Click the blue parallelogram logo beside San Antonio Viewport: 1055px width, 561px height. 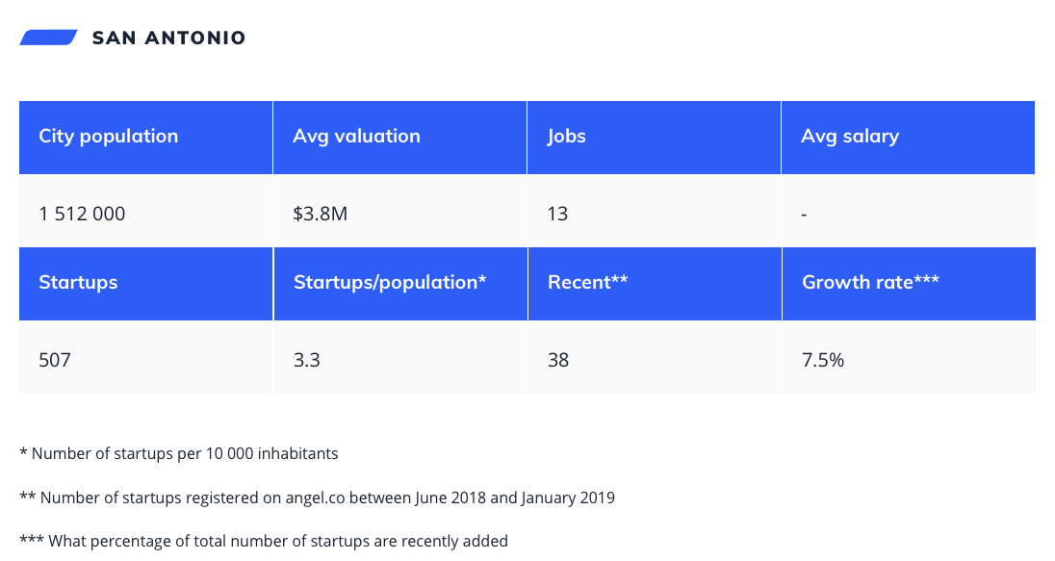[x=48, y=38]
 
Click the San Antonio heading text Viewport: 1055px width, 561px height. [x=168, y=38]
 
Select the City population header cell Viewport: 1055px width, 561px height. [x=108, y=137]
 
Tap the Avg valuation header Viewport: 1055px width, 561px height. [x=356, y=137]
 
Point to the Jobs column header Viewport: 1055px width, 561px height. [x=566, y=137]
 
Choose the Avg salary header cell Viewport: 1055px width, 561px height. [x=850, y=137]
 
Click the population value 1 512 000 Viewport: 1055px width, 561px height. [x=82, y=214]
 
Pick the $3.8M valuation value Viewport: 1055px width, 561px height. [x=320, y=214]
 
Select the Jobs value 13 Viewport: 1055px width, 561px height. [x=557, y=214]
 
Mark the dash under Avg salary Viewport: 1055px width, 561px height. [x=804, y=215]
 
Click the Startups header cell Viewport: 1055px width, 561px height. [x=78, y=283]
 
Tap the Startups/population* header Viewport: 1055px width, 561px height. [x=390, y=283]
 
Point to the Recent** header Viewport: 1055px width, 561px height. [x=587, y=283]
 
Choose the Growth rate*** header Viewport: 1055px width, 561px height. [x=870, y=283]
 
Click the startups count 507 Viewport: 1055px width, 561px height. [x=55, y=360]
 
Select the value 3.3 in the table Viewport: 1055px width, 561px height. [x=306, y=360]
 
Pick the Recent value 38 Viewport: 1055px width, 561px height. [x=558, y=360]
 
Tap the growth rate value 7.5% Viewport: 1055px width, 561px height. [x=823, y=360]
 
